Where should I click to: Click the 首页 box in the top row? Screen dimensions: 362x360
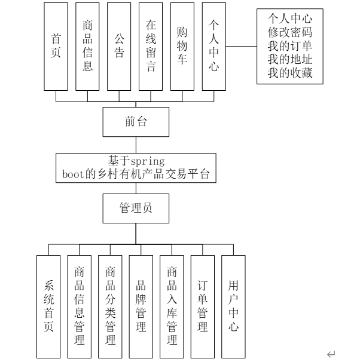click(x=57, y=47)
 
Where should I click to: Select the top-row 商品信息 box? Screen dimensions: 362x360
click(x=87, y=47)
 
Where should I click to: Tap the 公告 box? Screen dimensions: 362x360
click(x=119, y=47)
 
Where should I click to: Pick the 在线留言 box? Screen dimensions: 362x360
click(x=151, y=47)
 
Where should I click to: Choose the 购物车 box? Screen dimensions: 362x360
click(x=182, y=47)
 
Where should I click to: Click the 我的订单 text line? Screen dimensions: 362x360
click(x=290, y=47)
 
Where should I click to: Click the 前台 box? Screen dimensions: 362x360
click(x=136, y=122)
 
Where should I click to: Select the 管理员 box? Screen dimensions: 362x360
click(x=136, y=208)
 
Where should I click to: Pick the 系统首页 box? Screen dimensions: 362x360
click(x=49, y=306)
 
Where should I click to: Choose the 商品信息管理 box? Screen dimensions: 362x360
click(x=80, y=306)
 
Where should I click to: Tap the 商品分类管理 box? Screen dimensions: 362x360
click(x=111, y=306)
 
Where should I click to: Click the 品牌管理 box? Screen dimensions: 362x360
click(x=141, y=306)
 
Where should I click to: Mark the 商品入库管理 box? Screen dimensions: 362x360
click(x=172, y=306)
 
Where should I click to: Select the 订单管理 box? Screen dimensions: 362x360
click(x=203, y=306)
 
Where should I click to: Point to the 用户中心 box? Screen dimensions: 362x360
click(x=234, y=306)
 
